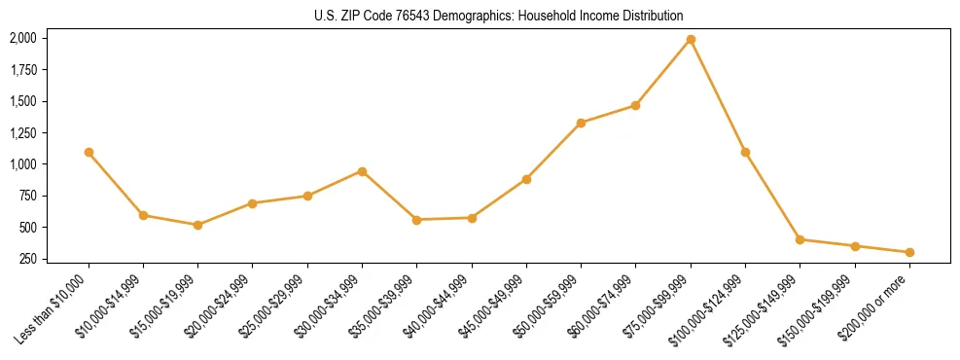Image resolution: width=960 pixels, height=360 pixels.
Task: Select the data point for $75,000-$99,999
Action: pos(691,40)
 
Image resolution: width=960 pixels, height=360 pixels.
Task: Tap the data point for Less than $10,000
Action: pos(89,153)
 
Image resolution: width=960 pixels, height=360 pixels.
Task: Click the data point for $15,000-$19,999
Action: pos(198,225)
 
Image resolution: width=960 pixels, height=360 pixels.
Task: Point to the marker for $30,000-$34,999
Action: pos(362,171)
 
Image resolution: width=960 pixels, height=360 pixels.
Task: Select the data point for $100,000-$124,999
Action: pos(745,153)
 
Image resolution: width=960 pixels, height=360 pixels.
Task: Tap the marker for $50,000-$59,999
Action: pos(581,123)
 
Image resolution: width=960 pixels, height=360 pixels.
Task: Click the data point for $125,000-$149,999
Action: pos(800,239)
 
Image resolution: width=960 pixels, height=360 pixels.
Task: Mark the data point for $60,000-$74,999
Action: pos(635,105)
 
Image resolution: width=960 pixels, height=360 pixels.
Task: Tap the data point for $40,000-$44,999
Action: pos(472,218)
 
